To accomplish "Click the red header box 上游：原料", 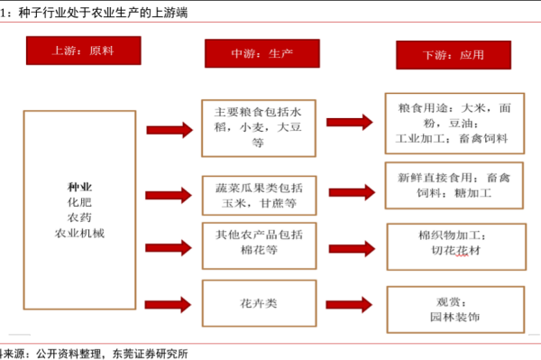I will [83, 52].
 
